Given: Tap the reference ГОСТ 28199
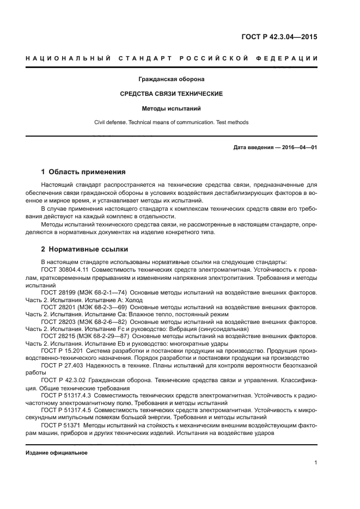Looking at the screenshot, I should [57, 292].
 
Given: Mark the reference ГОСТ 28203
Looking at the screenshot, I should [57, 322].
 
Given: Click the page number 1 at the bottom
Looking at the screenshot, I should [315, 463].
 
